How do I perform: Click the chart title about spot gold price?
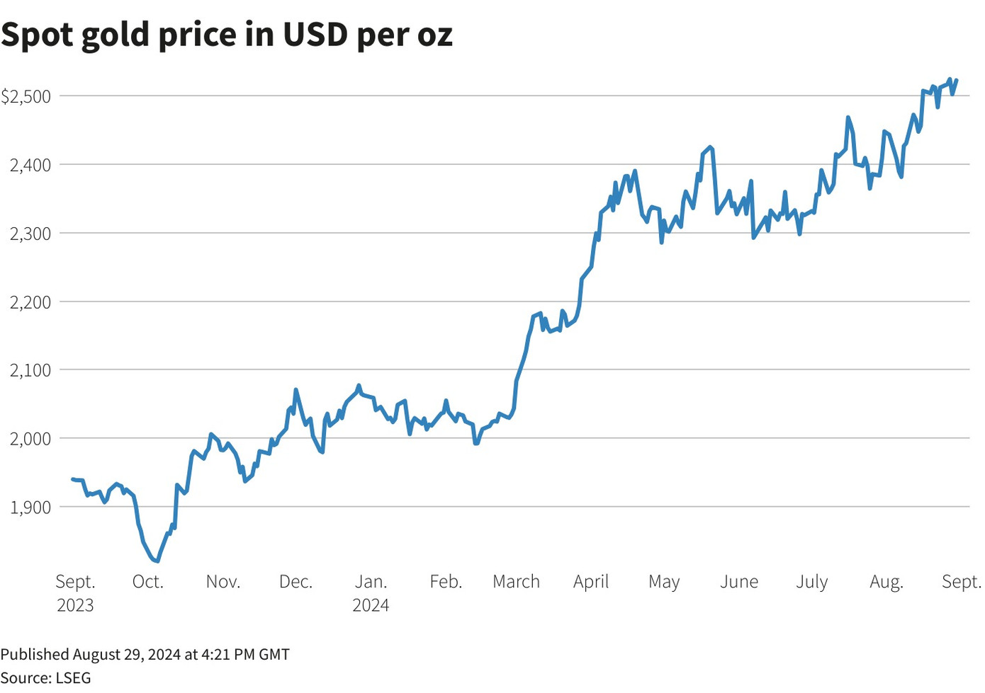[x=227, y=34]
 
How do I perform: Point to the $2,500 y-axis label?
[x=26, y=96]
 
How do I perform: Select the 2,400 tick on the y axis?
[x=30, y=165]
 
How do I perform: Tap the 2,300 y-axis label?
[x=30, y=234]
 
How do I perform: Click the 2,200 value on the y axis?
[x=30, y=302]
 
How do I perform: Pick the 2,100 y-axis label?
[x=30, y=370]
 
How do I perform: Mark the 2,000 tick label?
[x=30, y=439]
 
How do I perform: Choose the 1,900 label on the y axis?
[x=30, y=508]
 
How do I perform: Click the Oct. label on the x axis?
[x=148, y=582]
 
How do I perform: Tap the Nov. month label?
[x=223, y=582]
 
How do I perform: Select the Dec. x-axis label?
[x=295, y=582]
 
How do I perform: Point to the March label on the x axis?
[x=516, y=582]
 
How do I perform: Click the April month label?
[x=591, y=582]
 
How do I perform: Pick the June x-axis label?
[x=739, y=582]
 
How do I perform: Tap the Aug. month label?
[x=886, y=582]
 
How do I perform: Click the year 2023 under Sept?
[x=75, y=605]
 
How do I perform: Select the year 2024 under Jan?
[x=371, y=605]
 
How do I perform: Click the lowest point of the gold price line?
[x=157, y=561]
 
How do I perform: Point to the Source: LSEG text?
[x=46, y=677]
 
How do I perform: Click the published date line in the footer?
[x=145, y=654]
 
